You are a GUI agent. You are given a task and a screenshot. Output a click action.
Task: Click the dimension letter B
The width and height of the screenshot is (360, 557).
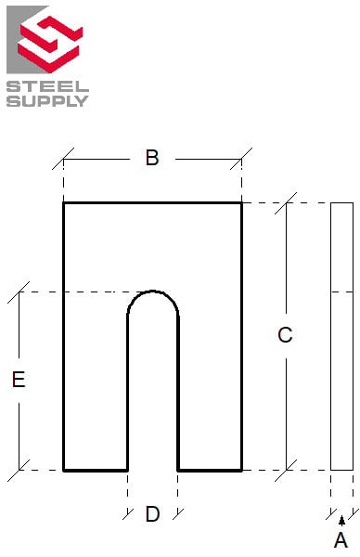click(x=152, y=158)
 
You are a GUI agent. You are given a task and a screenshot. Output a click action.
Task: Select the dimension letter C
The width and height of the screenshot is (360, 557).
click(x=285, y=336)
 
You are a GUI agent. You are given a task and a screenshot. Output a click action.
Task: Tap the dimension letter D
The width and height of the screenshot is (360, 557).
click(x=152, y=514)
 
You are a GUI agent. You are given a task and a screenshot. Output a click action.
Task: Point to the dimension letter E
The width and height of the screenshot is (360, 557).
click(x=19, y=380)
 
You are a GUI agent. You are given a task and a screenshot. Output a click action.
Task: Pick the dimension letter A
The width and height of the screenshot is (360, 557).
click(x=341, y=540)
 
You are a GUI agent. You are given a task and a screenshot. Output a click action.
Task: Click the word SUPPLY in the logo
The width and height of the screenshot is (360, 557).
click(x=48, y=100)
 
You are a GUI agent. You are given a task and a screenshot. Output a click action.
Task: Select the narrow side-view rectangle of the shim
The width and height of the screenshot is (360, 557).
click(x=341, y=336)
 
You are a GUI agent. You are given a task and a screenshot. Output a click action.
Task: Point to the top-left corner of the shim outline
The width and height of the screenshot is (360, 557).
click(x=64, y=202)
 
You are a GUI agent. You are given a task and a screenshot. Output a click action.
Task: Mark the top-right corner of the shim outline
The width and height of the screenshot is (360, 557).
click(x=241, y=202)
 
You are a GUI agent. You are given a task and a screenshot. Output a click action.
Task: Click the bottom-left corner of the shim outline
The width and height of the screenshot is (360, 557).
click(x=64, y=470)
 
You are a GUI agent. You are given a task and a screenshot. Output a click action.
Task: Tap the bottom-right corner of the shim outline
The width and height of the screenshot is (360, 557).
click(x=241, y=470)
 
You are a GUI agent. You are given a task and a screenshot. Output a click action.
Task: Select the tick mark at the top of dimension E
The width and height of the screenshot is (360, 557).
click(x=19, y=292)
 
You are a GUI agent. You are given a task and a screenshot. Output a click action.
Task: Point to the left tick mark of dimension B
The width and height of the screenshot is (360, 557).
click(x=64, y=159)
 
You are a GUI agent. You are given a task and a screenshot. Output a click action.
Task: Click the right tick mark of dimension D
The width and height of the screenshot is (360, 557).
click(x=178, y=513)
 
